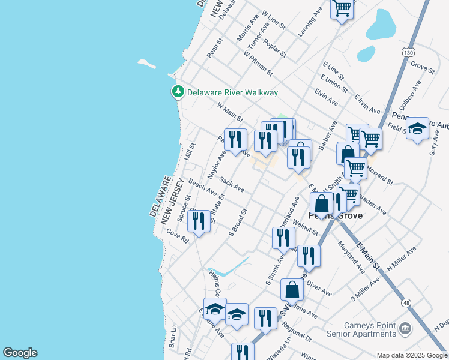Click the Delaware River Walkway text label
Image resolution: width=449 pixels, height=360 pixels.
(232, 92)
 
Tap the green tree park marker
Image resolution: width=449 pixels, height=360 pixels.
(178, 92)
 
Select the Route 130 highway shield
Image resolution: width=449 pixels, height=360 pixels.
(409, 52)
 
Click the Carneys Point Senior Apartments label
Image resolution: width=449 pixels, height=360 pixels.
(361, 329)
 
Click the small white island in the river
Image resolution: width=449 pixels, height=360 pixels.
(146, 62)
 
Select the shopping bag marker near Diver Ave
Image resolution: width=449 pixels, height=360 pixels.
(292, 290)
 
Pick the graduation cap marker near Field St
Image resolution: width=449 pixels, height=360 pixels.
(417, 128)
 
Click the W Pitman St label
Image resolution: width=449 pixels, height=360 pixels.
(259, 63)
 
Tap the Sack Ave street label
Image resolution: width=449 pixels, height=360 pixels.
(232, 184)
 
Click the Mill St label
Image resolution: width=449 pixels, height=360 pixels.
(191, 151)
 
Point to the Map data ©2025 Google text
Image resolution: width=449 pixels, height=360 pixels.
(412, 355)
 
